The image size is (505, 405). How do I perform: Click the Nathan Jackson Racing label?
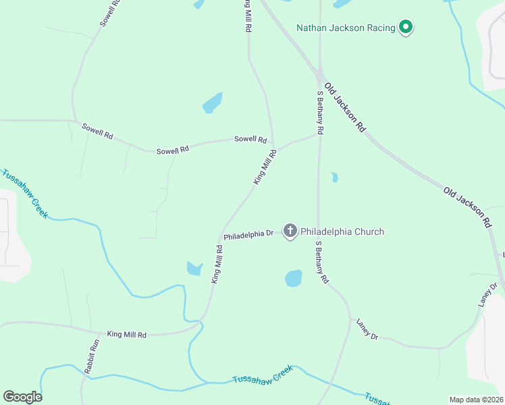click(346, 28)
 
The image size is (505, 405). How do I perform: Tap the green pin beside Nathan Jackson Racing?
click(405, 28)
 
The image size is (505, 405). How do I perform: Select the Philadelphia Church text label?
click(342, 232)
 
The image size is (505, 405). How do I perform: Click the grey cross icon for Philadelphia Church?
click(290, 232)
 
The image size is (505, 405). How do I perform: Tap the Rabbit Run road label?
click(92, 356)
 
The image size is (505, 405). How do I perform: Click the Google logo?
click(22, 397)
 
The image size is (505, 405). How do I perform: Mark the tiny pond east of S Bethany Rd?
click(334, 178)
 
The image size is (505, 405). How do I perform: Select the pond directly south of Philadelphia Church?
click(293, 278)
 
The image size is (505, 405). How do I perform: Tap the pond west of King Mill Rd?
click(194, 269)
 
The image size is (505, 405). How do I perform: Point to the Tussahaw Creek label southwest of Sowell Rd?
click(25, 193)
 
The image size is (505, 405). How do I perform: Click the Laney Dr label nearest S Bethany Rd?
click(367, 329)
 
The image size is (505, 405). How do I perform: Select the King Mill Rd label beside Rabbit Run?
click(127, 334)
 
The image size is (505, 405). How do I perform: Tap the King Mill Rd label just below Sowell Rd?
click(265, 167)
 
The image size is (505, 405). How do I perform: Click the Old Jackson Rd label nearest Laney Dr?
click(467, 207)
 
